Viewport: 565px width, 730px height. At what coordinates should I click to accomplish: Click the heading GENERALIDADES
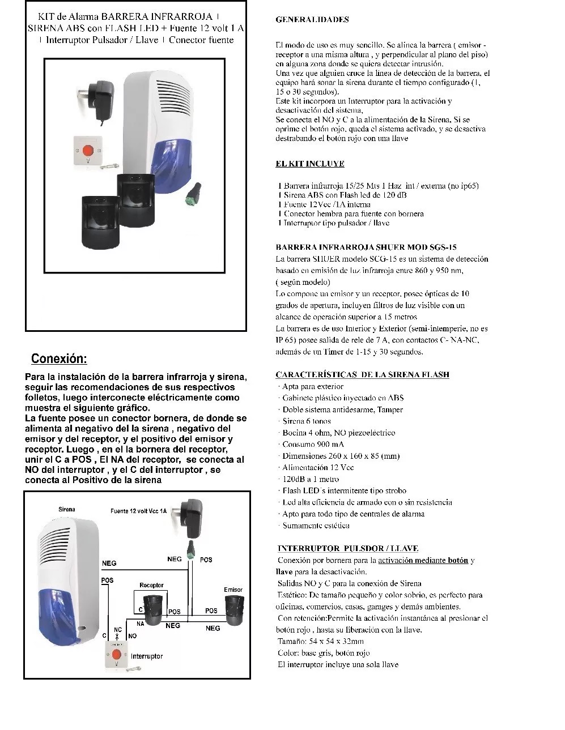tap(312, 19)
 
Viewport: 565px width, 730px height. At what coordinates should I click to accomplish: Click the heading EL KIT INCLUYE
tap(309, 164)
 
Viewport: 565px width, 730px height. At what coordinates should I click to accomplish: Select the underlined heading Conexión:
tap(59, 358)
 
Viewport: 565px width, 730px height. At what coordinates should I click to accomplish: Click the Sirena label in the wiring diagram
tap(66, 510)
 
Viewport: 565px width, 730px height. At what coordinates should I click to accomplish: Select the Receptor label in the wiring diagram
tap(151, 585)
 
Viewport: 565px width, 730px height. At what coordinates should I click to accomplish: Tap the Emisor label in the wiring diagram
tap(233, 590)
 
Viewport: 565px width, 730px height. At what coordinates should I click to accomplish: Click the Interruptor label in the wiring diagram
tap(147, 656)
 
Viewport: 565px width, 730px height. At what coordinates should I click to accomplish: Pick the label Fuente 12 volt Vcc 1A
tap(138, 511)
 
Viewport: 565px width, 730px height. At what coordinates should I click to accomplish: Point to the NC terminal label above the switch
tap(118, 629)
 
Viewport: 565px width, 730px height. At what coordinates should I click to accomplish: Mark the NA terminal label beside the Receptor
tap(140, 623)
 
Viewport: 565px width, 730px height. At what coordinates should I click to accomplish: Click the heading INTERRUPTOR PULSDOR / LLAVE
tap(348, 548)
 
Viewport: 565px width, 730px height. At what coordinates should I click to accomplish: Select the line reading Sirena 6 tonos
tap(307, 421)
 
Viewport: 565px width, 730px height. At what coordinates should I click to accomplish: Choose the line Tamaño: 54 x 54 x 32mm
tap(320, 641)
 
